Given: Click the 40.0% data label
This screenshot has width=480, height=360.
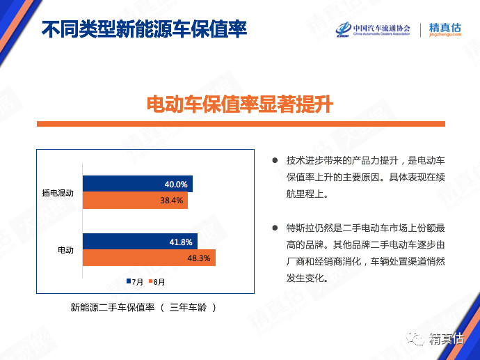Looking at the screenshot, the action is click(x=176, y=185).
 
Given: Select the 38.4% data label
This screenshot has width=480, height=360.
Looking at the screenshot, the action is click(x=171, y=201).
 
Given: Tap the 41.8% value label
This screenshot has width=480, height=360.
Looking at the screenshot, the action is click(x=181, y=242).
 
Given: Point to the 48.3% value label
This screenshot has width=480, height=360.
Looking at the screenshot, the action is click(x=199, y=258).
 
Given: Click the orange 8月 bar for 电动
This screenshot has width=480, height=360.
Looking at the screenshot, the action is click(x=149, y=258).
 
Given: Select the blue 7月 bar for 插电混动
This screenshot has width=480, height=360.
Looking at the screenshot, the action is click(x=138, y=184).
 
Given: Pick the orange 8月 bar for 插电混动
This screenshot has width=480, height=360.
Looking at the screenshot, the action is click(x=136, y=201).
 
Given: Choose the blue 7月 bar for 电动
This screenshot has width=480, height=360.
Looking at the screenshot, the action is click(x=141, y=242).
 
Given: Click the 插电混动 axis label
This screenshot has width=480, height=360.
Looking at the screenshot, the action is click(x=58, y=193).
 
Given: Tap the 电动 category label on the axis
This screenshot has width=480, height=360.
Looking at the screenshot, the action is click(x=66, y=250).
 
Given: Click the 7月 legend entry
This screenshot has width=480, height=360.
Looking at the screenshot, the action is click(x=135, y=281).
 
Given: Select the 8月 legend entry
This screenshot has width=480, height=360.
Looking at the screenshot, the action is click(x=157, y=281).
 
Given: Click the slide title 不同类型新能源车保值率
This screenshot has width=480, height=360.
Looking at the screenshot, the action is click(x=144, y=29).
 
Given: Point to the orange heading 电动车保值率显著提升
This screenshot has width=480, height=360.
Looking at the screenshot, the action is click(x=240, y=104).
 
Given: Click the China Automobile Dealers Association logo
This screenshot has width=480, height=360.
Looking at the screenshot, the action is click(x=373, y=30).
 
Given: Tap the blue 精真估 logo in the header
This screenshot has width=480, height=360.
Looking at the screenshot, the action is click(x=445, y=29).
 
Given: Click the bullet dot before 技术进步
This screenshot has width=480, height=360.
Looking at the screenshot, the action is click(x=275, y=160).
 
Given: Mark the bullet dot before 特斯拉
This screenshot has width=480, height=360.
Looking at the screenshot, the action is click(x=275, y=228).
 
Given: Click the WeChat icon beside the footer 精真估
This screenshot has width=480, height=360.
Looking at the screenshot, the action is click(x=415, y=338).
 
